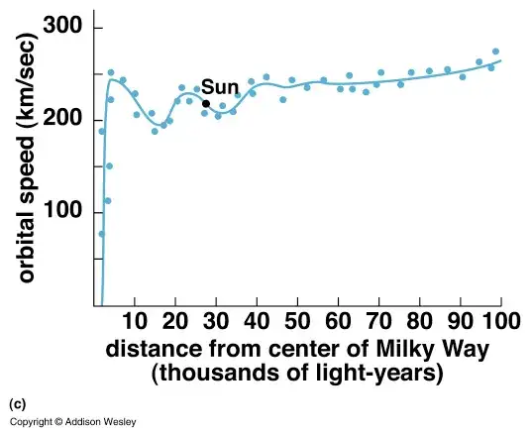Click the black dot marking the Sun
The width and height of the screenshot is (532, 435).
tap(206, 104)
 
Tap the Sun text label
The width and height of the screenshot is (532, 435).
tap(220, 87)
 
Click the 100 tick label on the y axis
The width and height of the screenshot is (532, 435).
tap(70, 213)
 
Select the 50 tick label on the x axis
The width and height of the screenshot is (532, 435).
tap(298, 320)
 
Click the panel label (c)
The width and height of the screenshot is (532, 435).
tap(17, 404)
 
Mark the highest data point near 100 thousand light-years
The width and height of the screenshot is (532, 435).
tap(495, 52)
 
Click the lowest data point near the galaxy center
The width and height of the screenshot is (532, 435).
tap(101, 234)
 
